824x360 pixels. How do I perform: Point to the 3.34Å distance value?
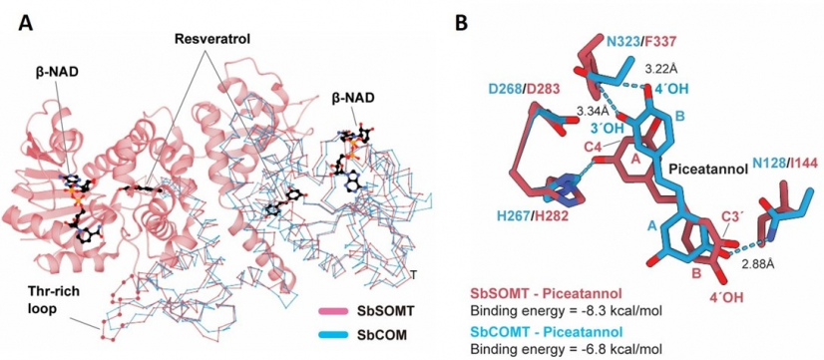(594, 109)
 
